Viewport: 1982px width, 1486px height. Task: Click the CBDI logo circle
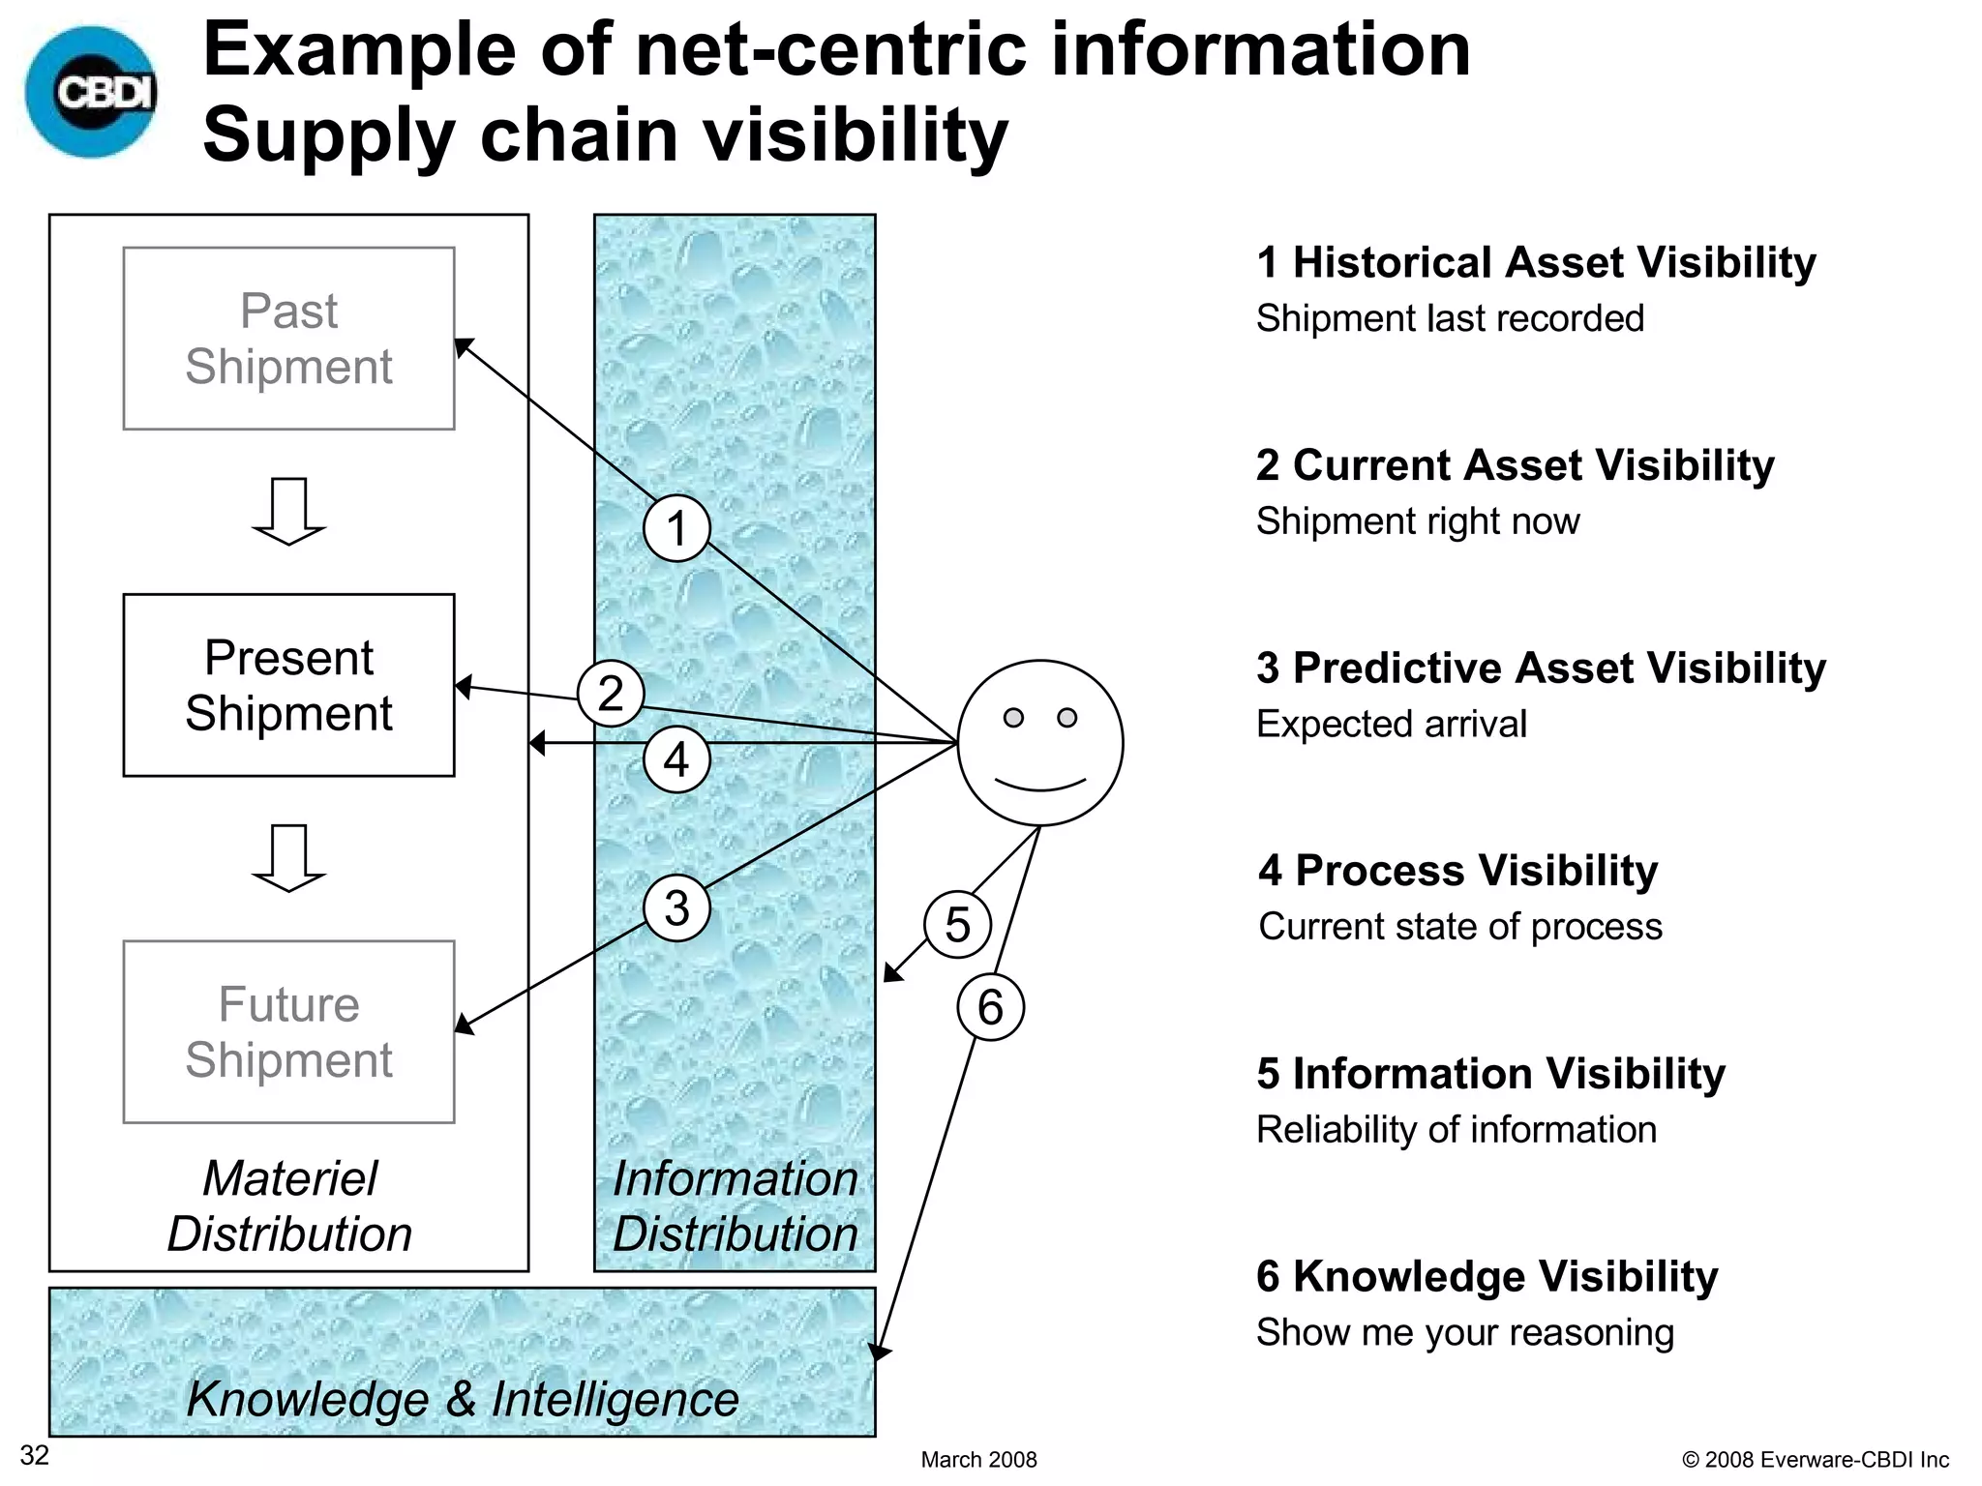coord(93,92)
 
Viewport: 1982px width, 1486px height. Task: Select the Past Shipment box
coord(288,339)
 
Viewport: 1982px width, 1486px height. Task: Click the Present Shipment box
coord(288,685)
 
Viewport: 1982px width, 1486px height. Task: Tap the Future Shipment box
coord(288,1031)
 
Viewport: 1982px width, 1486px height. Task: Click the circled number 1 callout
coord(676,528)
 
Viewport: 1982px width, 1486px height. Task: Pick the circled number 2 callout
coord(611,694)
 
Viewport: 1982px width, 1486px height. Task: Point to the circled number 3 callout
coord(676,907)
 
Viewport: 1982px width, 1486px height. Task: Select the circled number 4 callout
coord(676,759)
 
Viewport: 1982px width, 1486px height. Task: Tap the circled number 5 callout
coord(957,925)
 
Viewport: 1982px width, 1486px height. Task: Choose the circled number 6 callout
coord(990,1007)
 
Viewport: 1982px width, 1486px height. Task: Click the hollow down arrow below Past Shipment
coord(288,511)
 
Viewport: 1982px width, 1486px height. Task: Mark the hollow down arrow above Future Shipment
coord(288,857)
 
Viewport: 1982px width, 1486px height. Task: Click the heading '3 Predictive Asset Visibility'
coord(1541,668)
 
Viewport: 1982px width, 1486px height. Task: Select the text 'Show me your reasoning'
coord(1464,1332)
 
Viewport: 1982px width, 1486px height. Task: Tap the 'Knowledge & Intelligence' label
coord(463,1399)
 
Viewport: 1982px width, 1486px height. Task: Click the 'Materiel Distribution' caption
coord(289,1205)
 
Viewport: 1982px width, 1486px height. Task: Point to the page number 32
coord(35,1455)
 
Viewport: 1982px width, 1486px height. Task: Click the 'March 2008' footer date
coord(978,1460)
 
